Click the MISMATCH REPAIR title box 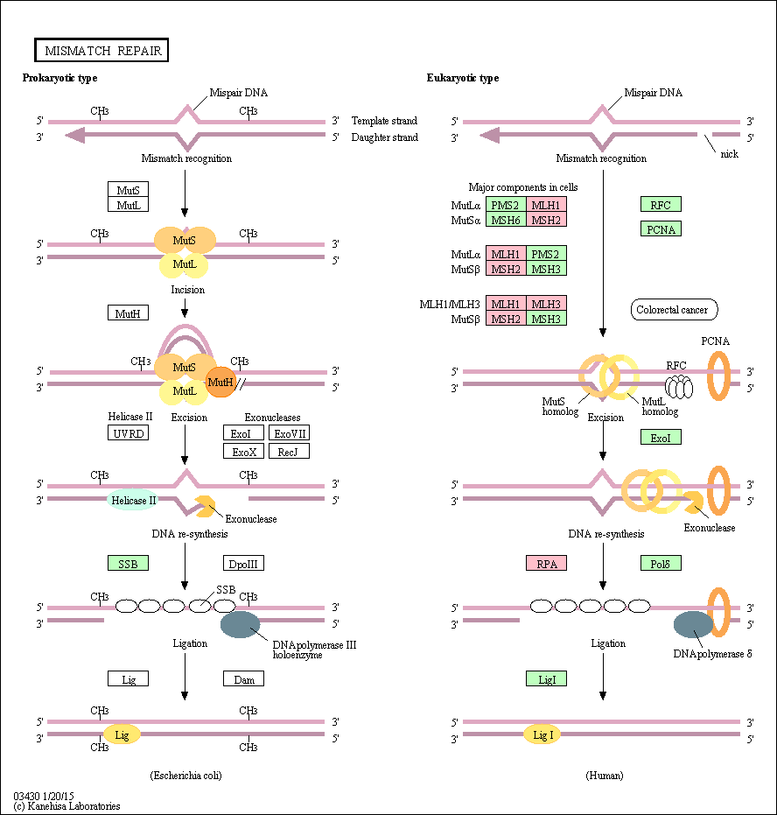101,50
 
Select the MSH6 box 506,220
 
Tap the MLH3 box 546,304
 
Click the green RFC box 661,204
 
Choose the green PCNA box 661,228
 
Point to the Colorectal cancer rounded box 674,310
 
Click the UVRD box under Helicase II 129,433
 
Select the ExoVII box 290,433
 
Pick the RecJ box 290,451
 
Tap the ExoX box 243,451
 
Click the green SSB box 129,563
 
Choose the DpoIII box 243,563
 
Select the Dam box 243,678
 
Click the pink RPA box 546,563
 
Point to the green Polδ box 661,563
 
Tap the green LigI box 546,678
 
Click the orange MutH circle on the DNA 220,382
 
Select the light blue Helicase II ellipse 133,500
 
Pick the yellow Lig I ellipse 542,734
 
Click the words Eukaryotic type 463,78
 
